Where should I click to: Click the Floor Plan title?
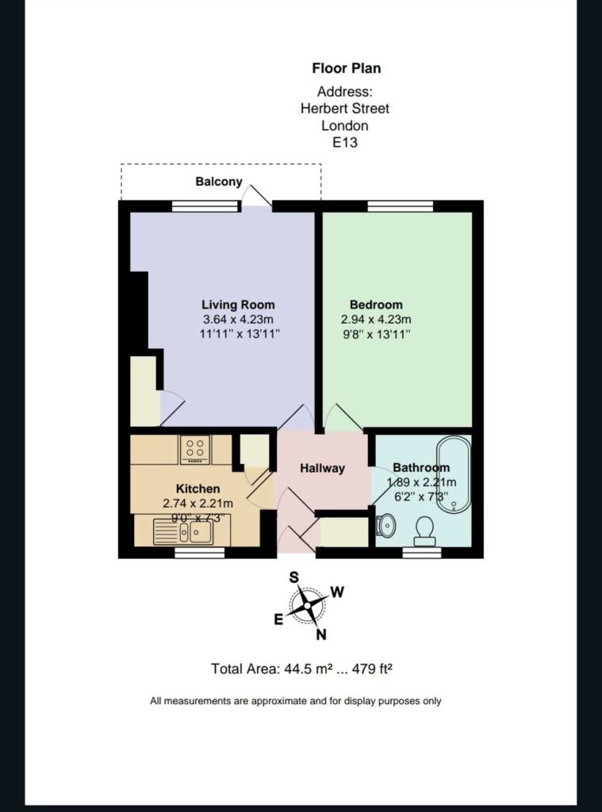point(346,68)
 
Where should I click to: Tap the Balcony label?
point(219,182)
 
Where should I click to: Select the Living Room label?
point(238,304)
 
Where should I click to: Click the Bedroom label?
point(376,304)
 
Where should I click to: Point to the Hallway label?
point(322,468)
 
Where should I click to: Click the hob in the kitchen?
point(195,450)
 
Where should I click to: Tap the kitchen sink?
point(183,532)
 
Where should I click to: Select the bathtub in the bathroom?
point(454,474)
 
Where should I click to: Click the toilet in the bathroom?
point(425,530)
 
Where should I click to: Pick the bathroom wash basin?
point(385,527)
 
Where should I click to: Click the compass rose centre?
point(307,605)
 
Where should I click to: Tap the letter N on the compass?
point(321,634)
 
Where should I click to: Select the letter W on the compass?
point(337,592)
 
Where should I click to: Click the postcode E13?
point(345,143)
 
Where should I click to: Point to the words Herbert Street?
point(345,108)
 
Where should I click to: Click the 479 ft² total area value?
point(372,669)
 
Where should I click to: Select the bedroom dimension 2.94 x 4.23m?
point(376,320)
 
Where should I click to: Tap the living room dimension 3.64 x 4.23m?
point(238,320)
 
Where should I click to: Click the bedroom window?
point(401,206)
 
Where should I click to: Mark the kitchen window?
point(200,553)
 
